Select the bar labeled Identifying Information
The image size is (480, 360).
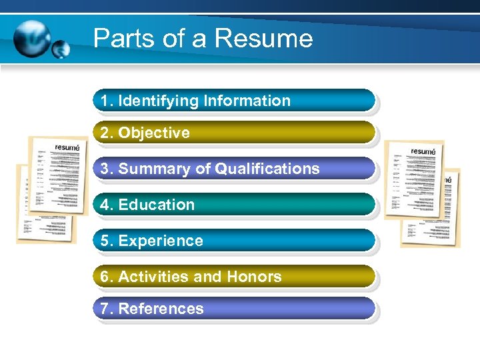pos(233,101)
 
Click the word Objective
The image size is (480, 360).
pos(154,133)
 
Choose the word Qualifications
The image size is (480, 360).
pos(267,169)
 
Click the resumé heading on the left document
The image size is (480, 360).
pos(67,147)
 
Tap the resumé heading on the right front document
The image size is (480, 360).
pos(423,151)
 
